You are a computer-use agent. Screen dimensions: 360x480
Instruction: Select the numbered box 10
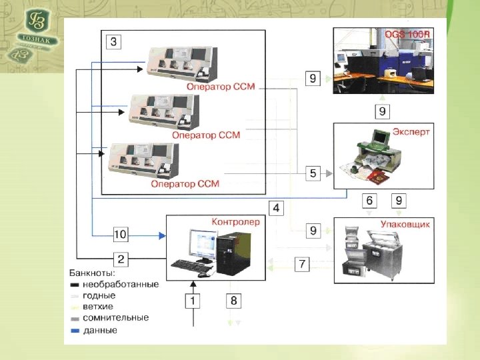pyautogui.click(x=120, y=234)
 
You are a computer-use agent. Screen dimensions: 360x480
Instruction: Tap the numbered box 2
pyautogui.click(x=120, y=258)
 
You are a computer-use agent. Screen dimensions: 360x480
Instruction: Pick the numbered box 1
pyautogui.click(x=193, y=301)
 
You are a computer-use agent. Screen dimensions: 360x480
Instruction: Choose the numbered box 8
pyautogui.click(x=233, y=301)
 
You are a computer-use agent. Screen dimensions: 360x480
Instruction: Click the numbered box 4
pyautogui.click(x=277, y=207)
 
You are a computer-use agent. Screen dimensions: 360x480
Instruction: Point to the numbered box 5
pyautogui.click(x=313, y=173)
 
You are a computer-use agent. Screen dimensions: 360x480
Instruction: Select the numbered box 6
pyautogui.click(x=369, y=200)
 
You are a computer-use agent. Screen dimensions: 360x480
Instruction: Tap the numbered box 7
pyautogui.click(x=302, y=265)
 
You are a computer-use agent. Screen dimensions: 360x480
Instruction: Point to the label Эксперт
pyautogui.click(x=411, y=132)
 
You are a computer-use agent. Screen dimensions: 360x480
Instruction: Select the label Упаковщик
pyautogui.click(x=404, y=225)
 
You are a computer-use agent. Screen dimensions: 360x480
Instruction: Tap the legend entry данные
pyautogui.click(x=101, y=330)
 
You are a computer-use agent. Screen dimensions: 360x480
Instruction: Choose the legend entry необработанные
pyautogui.click(x=121, y=284)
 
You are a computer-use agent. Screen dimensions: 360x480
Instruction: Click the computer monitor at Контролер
pyautogui.click(x=201, y=244)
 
